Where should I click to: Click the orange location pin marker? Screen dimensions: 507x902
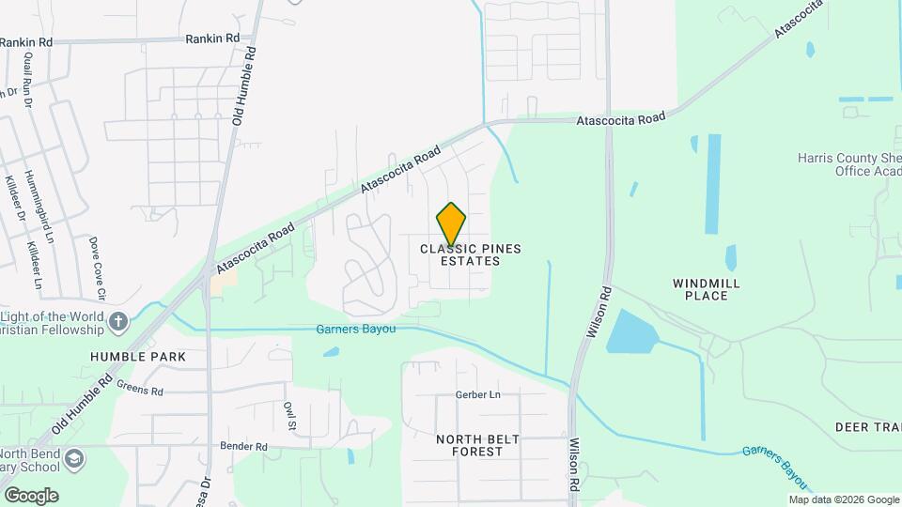click(451, 224)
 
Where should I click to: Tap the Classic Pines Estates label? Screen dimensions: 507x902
click(470, 254)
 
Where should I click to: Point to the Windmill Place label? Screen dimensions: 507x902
click(707, 289)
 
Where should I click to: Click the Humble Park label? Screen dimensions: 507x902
click(138, 357)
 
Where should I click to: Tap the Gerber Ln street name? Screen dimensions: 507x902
click(478, 395)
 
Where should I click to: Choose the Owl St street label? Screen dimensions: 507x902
click(290, 416)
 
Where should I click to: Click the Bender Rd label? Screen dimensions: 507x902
click(243, 446)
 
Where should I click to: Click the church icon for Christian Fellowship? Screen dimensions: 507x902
click(117, 323)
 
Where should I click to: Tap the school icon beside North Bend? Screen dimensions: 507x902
click(75, 459)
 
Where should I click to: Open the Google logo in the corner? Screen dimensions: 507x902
click(31, 496)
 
